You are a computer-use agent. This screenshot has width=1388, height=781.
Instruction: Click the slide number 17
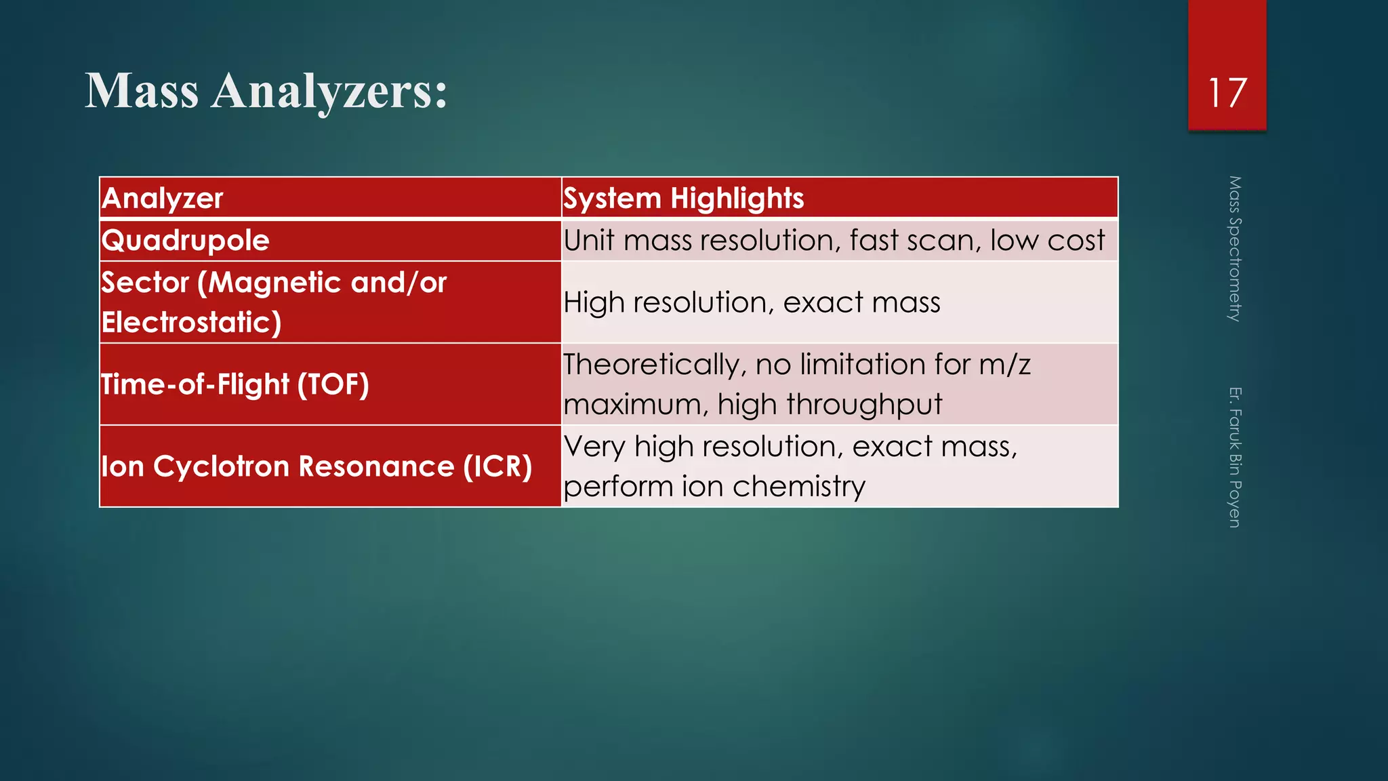[1227, 93]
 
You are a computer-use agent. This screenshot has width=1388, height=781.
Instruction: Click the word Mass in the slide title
[142, 91]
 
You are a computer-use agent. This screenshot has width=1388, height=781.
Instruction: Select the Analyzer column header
[163, 199]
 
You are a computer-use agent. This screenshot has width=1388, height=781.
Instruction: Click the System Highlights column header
[683, 199]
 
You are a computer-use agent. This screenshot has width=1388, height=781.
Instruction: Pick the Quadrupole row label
[186, 241]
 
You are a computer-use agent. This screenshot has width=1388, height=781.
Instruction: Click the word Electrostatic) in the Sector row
[191, 322]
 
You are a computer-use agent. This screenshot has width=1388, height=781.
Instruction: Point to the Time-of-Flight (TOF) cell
[235, 384]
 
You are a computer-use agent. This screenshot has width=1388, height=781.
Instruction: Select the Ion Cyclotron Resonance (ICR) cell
[317, 466]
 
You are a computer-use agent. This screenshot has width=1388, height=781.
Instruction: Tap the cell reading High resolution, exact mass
[752, 302]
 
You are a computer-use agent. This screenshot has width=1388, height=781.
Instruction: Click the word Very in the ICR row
[594, 447]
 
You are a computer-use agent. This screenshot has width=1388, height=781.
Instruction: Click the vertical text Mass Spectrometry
[1234, 249]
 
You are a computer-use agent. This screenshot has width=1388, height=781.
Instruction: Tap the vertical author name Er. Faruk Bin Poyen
[1234, 457]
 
